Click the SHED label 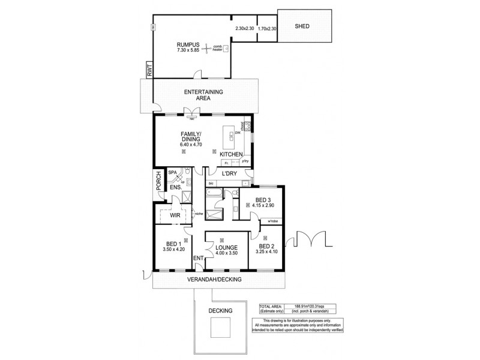pos(302,27)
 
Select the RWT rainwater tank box pos(148,71)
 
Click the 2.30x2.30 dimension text pos(244,28)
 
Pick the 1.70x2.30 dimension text pos(267,28)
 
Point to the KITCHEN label pos(230,155)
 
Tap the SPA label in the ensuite pos(172,172)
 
